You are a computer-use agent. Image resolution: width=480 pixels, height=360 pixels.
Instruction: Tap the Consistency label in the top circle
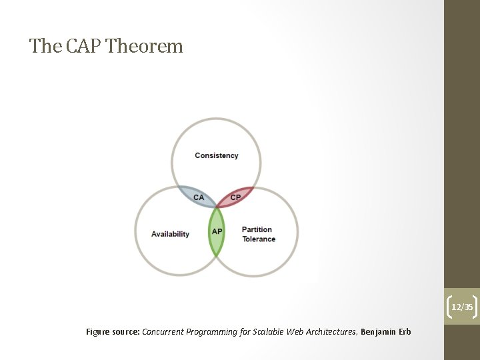216,155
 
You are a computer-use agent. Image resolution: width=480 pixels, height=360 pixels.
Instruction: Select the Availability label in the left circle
170,234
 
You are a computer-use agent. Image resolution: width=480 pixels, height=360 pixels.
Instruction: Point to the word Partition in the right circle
257,230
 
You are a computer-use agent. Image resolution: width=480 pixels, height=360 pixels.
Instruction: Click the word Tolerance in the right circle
259,239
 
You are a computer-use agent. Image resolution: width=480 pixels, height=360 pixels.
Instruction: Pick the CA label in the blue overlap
199,197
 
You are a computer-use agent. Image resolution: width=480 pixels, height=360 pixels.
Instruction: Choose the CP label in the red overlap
235,197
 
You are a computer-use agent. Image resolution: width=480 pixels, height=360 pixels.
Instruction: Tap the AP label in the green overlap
217,231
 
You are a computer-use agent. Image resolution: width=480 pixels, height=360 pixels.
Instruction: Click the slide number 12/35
462,307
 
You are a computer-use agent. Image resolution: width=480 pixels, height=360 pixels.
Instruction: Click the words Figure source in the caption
113,331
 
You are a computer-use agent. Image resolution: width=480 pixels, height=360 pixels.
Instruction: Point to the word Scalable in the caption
269,331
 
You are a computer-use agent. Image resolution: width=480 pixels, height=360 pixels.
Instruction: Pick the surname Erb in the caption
405,331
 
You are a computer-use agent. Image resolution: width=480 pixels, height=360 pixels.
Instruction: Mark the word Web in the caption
295,331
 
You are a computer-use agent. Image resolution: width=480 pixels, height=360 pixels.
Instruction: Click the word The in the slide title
45,46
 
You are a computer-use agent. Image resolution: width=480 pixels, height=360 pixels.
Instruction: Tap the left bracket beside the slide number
448,307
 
